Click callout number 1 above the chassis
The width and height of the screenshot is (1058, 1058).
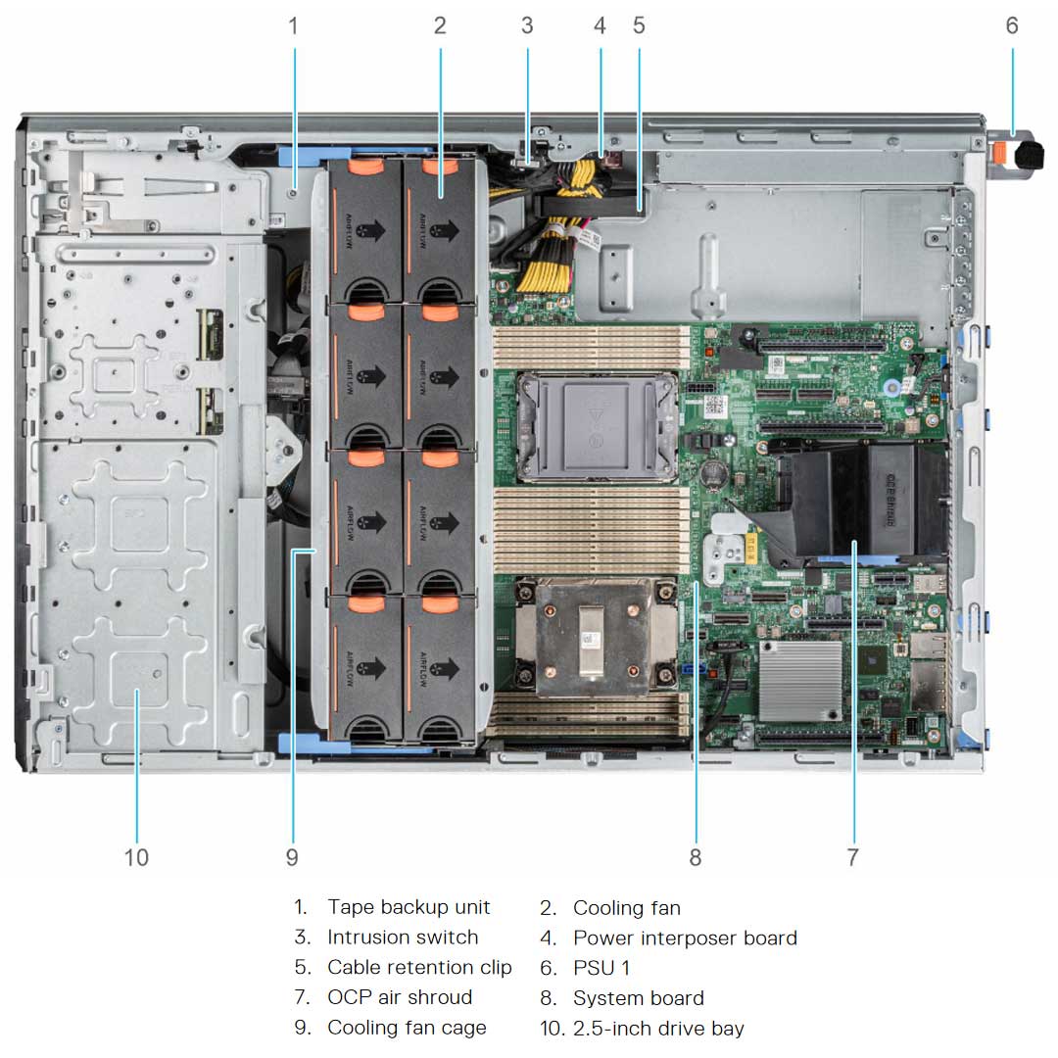pos(292,26)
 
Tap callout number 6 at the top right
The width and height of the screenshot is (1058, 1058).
pos(1012,26)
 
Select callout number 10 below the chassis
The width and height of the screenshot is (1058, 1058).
pos(136,857)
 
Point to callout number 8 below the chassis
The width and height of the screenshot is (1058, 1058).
pos(695,857)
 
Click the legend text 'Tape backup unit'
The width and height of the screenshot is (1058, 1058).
pos(409,907)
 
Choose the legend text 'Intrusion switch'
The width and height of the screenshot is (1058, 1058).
pos(403,938)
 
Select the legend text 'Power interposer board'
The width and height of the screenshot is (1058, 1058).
pos(685,938)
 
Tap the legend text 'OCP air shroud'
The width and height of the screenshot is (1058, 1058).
pos(400,997)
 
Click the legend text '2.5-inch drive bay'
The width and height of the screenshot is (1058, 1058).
pos(658,1029)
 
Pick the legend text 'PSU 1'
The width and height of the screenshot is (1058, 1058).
pos(601,968)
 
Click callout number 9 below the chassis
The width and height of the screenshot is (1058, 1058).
pos(292,857)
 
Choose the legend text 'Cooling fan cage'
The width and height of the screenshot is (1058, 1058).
pos(407,1028)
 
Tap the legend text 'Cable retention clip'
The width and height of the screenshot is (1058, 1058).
pos(419,968)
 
